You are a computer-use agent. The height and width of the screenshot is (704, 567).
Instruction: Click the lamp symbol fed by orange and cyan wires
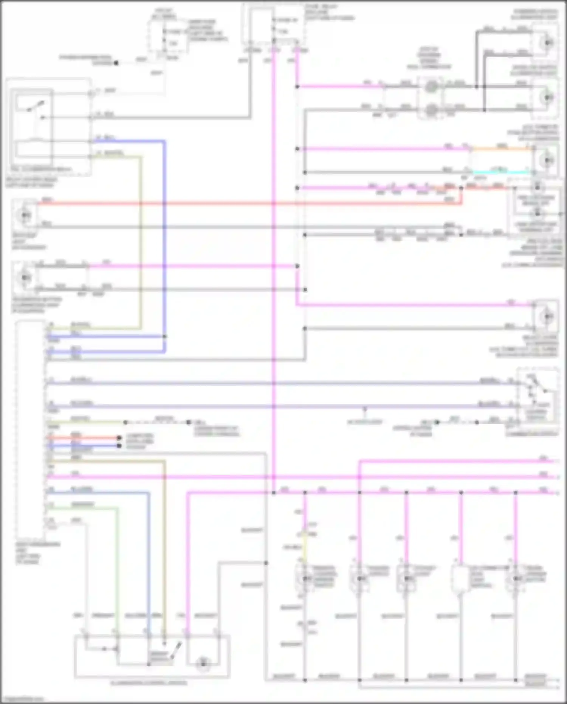547,160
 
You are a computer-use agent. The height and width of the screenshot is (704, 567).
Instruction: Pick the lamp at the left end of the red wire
25,215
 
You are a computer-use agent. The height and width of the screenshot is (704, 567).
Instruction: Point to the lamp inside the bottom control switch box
203,663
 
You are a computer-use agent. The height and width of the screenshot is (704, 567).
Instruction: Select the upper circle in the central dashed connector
430,87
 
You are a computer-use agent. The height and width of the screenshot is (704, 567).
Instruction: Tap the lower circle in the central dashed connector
430,110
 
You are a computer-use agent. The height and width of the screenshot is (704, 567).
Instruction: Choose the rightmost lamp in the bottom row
516,579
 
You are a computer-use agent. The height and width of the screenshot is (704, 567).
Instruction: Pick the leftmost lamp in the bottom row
305,579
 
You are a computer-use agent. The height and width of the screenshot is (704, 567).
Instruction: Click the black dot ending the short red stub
119,438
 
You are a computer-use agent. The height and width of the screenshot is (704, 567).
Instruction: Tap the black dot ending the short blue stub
119,446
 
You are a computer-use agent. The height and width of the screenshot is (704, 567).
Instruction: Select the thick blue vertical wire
164,246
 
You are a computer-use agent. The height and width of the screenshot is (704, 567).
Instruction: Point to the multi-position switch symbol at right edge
537,393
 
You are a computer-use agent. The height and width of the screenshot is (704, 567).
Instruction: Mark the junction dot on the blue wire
164,336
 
